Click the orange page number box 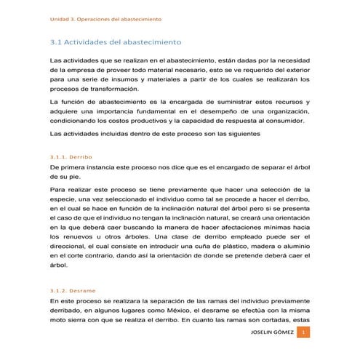[304, 332]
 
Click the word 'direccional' [71, 257]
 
